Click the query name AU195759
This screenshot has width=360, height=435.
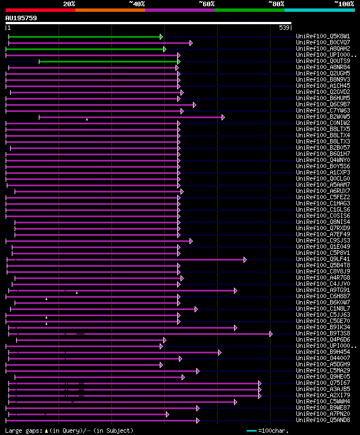(x=21, y=18)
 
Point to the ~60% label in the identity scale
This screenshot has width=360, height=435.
(x=206, y=4)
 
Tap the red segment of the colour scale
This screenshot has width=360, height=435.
(x=40, y=10)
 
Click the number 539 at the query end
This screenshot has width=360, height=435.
(x=284, y=28)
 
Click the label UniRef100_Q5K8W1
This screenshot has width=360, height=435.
(x=323, y=37)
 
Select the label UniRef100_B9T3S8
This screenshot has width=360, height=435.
(x=323, y=334)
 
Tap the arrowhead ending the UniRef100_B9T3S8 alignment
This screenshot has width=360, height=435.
(x=271, y=334)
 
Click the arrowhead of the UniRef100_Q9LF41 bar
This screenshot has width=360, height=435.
(x=245, y=259)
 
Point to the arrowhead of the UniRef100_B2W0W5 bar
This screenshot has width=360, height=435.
(x=223, y=117)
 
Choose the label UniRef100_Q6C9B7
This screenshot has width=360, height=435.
(x=323, y=105)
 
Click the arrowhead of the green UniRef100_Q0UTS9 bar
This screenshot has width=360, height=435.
(x=179, y=61)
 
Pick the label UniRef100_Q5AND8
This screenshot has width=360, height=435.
(x=323, y=420)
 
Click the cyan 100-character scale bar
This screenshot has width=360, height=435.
(x=252, y=431)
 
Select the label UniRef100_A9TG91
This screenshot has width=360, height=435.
(x=323, y=290)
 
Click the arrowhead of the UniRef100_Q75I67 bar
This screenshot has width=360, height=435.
(x=260, y=383)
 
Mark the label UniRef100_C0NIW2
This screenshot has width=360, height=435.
(x=323, y=123)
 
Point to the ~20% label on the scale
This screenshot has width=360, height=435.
(x=69, y=4)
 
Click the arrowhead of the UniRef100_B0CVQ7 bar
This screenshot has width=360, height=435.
(x=191, y=43)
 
